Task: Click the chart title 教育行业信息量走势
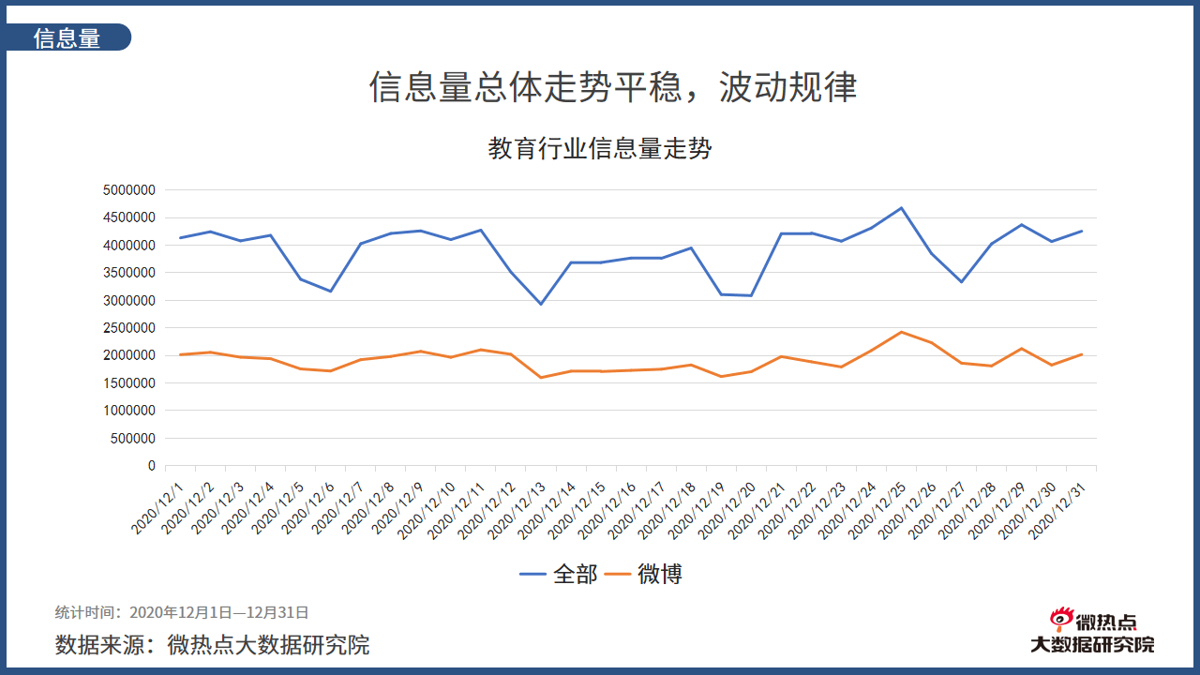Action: [600, 148]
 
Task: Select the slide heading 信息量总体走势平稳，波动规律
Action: [613, 87]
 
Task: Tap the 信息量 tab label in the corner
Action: [67, 38]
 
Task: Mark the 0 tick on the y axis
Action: [151, 466]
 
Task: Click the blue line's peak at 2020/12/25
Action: [901, 208]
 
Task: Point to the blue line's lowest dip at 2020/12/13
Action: [541, 304]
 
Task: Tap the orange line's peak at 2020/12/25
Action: [901, 332]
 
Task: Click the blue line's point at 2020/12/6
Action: [330, 292]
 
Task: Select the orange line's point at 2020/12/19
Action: [721, 376]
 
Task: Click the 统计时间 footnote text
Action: [182, 612]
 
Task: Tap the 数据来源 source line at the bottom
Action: [212, 645]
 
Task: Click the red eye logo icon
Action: [1061, 619]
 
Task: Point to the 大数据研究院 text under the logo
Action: [1092, 644]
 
